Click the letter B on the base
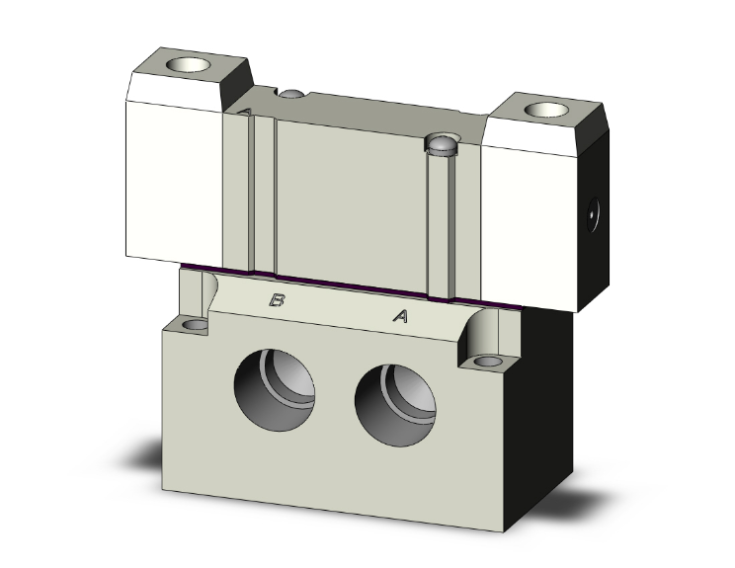(278, 301)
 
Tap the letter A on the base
(400, 316)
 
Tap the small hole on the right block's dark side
(593, 210)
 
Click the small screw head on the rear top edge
(291, 94)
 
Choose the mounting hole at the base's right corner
(486, 362)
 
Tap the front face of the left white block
(171, 178)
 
